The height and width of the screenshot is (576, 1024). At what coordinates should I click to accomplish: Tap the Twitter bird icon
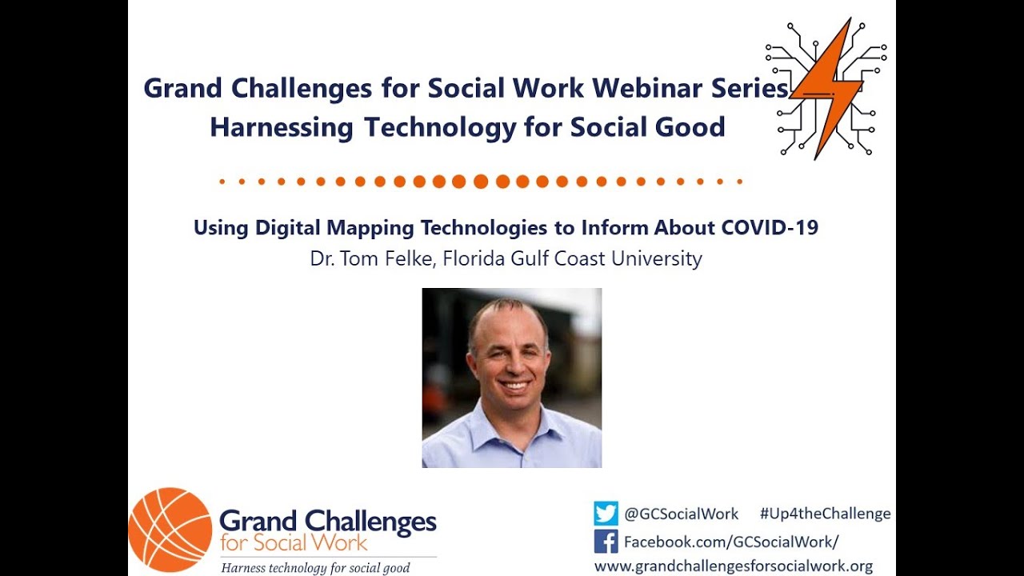606,514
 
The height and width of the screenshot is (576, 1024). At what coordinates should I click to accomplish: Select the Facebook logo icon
606,542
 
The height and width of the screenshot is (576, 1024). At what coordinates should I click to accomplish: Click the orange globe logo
170,530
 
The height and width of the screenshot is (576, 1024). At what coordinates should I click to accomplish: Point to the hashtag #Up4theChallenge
825,514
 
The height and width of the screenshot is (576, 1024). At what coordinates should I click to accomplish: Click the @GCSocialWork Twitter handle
681,514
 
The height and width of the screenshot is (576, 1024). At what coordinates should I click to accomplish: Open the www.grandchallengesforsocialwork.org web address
733,566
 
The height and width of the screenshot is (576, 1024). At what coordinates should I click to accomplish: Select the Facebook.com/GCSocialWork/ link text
731,542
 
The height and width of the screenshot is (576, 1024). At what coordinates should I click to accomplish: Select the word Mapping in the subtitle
370,228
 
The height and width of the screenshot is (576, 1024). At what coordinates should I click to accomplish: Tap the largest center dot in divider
481,182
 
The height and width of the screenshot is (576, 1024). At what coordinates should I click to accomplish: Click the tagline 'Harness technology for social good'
315,568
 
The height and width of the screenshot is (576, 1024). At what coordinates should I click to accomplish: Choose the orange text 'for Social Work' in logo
294,543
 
